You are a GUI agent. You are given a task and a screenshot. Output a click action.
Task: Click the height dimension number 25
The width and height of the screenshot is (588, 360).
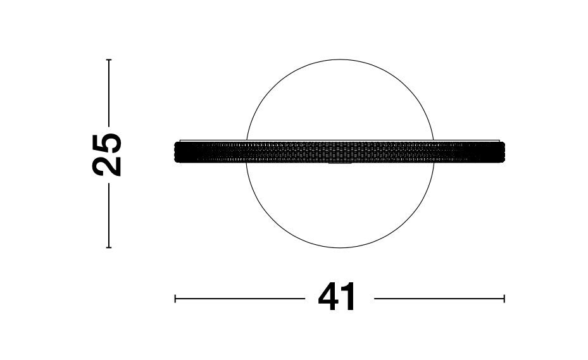coord(107,154)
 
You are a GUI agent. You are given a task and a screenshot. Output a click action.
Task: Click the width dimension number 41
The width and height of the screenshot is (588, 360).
coord(337,298)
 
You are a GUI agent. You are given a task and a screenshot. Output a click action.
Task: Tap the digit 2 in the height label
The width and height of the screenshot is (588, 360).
coord(107,166)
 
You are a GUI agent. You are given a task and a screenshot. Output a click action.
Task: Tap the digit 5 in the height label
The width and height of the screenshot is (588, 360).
coord(107,143)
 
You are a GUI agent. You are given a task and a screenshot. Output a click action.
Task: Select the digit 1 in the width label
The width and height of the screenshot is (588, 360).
coord(349,298)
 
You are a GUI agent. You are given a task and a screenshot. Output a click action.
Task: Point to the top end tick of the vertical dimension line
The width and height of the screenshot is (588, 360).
coord(109,60)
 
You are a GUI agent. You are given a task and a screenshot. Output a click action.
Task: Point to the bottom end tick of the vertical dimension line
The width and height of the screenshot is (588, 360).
coord(109,247)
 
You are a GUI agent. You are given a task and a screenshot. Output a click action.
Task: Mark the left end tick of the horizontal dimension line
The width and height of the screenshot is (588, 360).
coord(175,299)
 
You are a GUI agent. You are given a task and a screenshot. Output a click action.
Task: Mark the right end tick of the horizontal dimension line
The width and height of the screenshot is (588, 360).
coord(504,299)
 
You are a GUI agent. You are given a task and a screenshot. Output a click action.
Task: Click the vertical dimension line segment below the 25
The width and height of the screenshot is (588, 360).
coord(109,215)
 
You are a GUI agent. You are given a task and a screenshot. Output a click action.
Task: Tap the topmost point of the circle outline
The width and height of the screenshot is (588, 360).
coord(340,60)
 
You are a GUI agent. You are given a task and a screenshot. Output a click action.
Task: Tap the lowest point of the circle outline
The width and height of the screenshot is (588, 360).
coord(340,247)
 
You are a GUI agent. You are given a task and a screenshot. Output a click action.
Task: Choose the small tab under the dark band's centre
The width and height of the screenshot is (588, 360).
coord(340,164)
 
